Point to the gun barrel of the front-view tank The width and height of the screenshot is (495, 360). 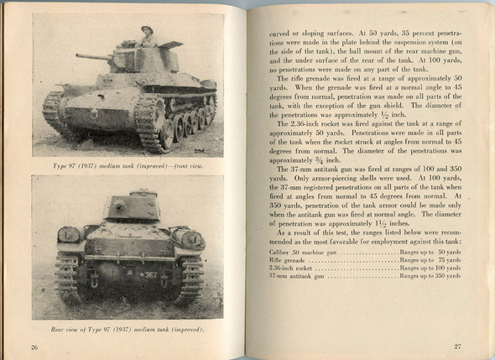[x=92, y=57]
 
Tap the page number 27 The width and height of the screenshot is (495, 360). [x=456, y=345]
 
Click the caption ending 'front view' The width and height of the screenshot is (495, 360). [x=128, y=166]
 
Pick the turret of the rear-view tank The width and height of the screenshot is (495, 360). [x=132, y=206]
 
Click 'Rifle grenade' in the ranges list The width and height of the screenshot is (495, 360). [x=287, y=260]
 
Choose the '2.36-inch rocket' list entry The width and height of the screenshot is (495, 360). [x=290, y=269]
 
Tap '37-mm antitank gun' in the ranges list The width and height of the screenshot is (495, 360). [x=294, y=278]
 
